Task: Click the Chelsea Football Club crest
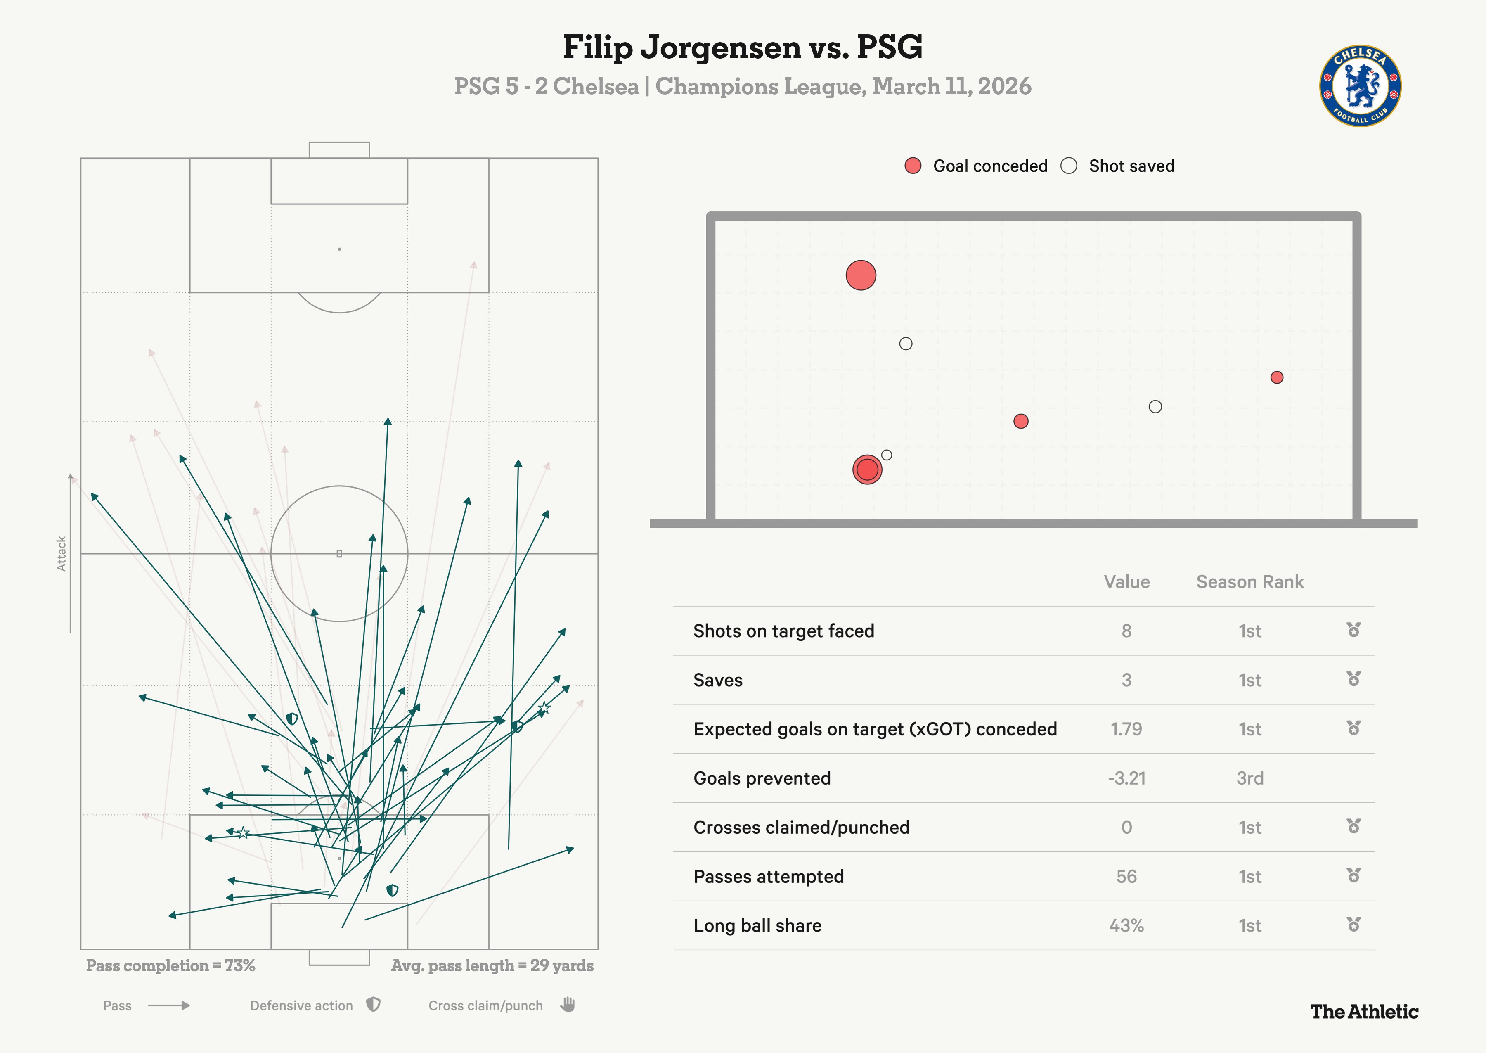pos(1360,85)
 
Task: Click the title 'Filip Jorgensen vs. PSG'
pos(742,47)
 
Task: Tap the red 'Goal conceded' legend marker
pos(913,166)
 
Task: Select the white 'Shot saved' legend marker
pos(1069,166)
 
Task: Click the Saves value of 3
pos(1126,680)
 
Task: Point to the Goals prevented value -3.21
pos(1126,778)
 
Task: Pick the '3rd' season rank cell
pos(1249,778)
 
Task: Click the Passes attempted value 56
pos(1126,877)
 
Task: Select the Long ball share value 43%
pos(1126,926)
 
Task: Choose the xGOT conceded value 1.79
pos(1126,729)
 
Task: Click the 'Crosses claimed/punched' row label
pos(801,828)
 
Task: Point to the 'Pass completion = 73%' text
pos(170,965)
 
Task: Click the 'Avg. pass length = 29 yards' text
pos(492,965)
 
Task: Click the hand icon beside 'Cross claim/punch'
pos(568,1005)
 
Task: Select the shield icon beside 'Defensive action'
pos(373,1005)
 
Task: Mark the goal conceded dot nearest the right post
pos(1276,377)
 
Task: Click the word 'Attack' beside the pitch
pos(62,554)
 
